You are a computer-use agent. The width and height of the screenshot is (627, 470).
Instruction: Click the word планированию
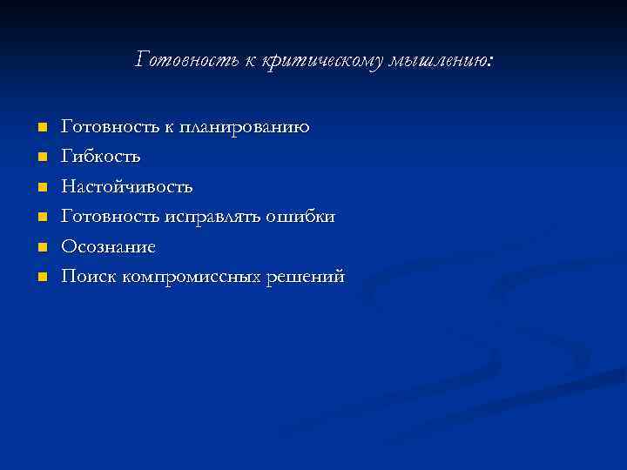244,128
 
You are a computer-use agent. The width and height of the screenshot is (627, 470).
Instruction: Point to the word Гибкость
100,158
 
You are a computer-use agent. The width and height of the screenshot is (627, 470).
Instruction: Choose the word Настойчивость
127,187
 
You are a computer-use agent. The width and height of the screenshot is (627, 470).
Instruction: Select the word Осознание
109,247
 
